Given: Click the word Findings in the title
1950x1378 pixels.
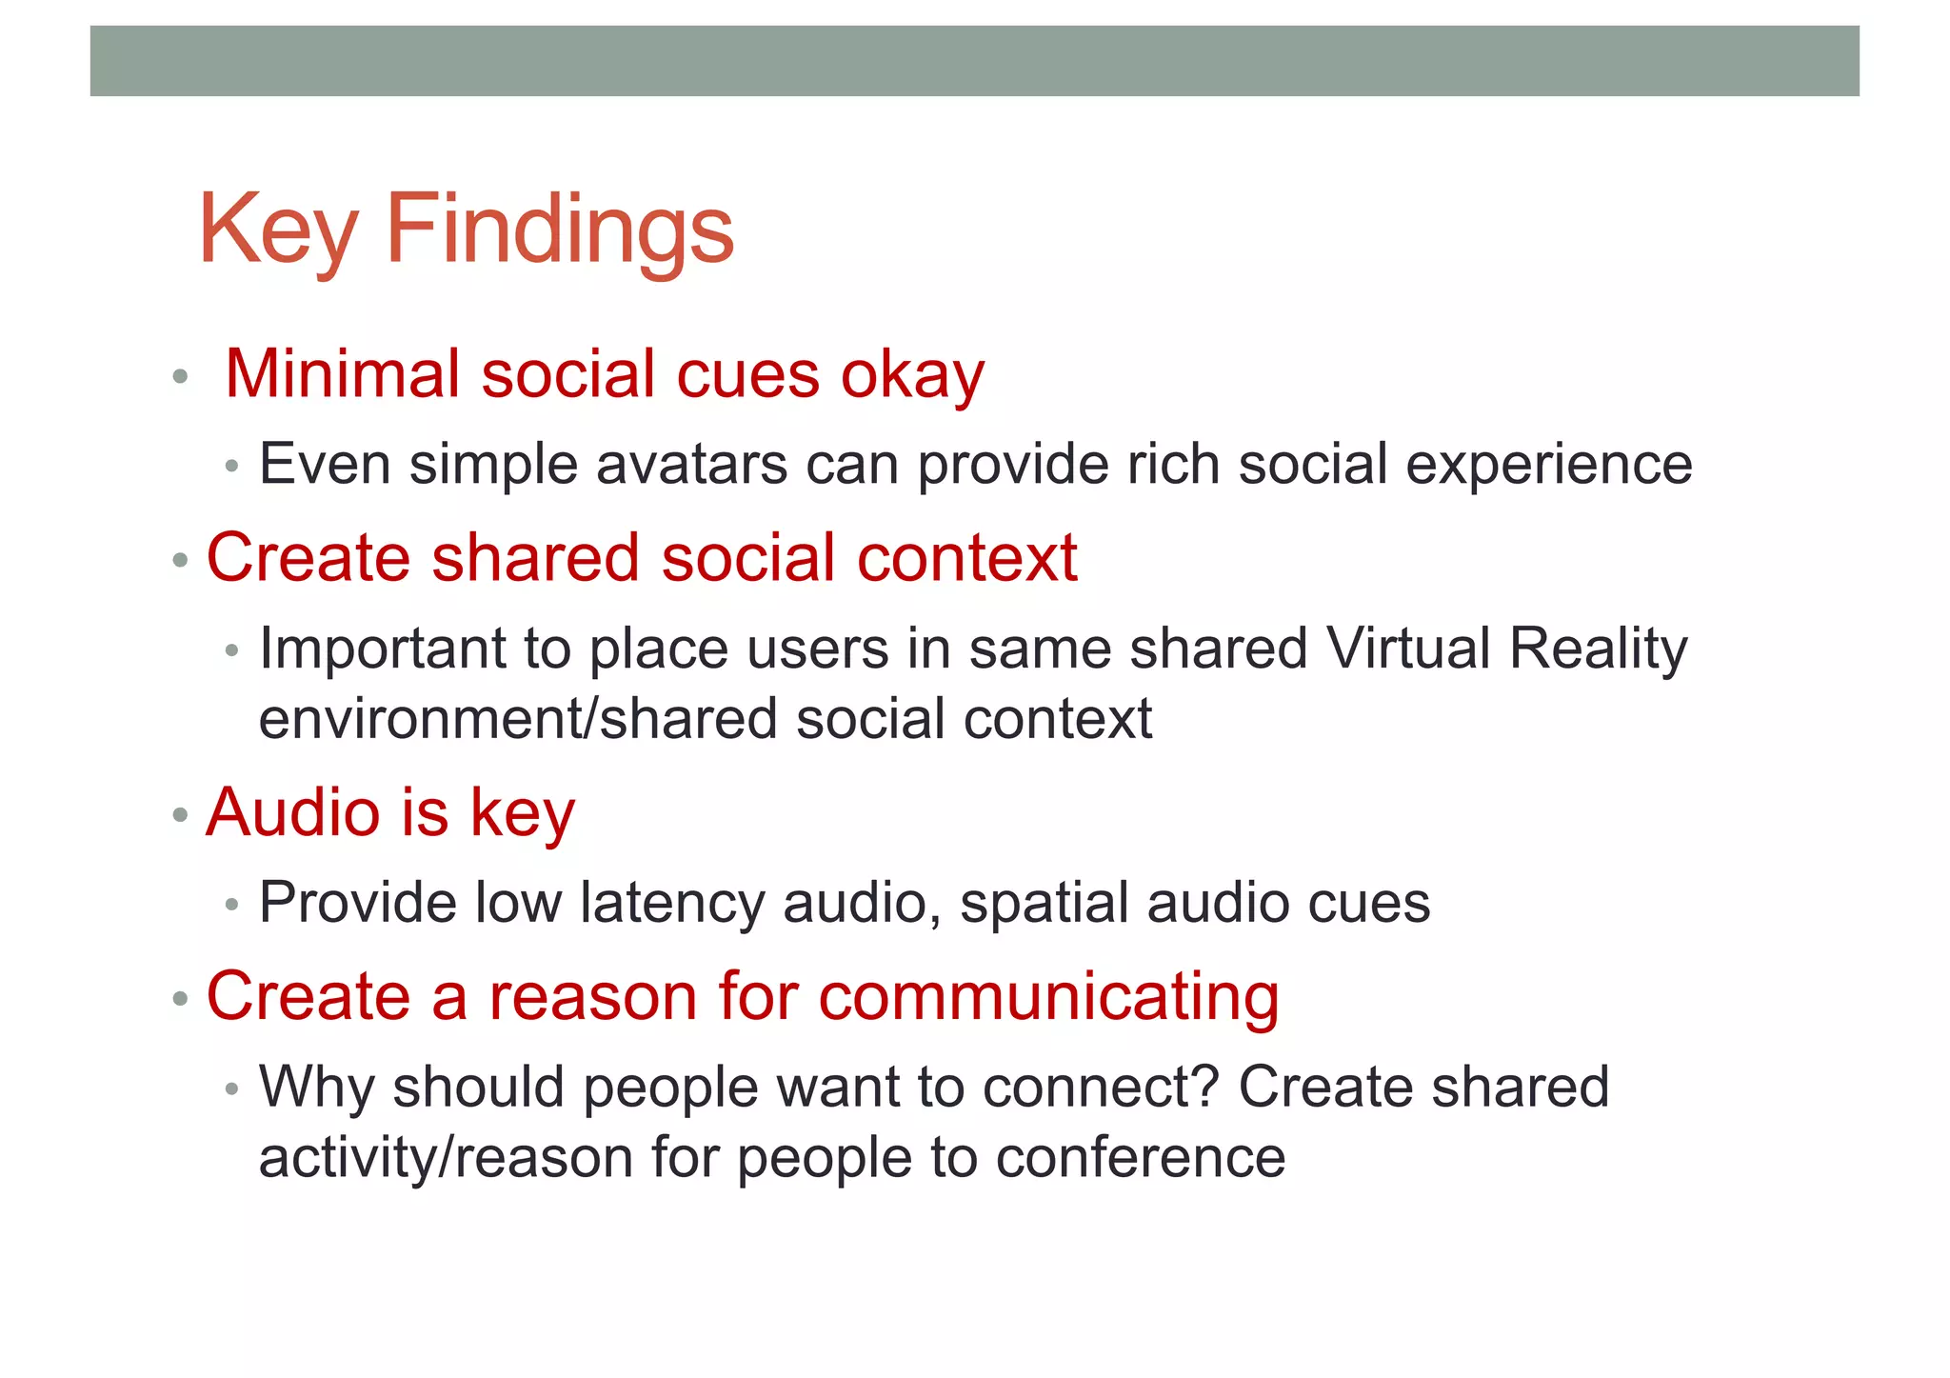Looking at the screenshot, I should (560, 230).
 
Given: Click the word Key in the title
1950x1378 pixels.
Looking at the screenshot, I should (277, 230).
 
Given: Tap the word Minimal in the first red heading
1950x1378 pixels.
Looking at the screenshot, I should (342, 373).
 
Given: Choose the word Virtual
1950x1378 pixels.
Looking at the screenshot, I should (1408, 649).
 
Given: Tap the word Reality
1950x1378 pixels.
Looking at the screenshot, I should (1599, 650).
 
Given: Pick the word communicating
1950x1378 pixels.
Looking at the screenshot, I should (1048, 997).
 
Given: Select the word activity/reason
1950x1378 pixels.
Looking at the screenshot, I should (446, 1159).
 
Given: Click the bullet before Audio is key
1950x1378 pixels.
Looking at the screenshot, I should (180, 816).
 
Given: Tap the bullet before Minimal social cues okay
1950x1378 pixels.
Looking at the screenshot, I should (180, 377).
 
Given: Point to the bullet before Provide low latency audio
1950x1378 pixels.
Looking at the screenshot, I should (231, 905).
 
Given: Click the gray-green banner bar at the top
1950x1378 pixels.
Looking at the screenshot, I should (974, 61).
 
